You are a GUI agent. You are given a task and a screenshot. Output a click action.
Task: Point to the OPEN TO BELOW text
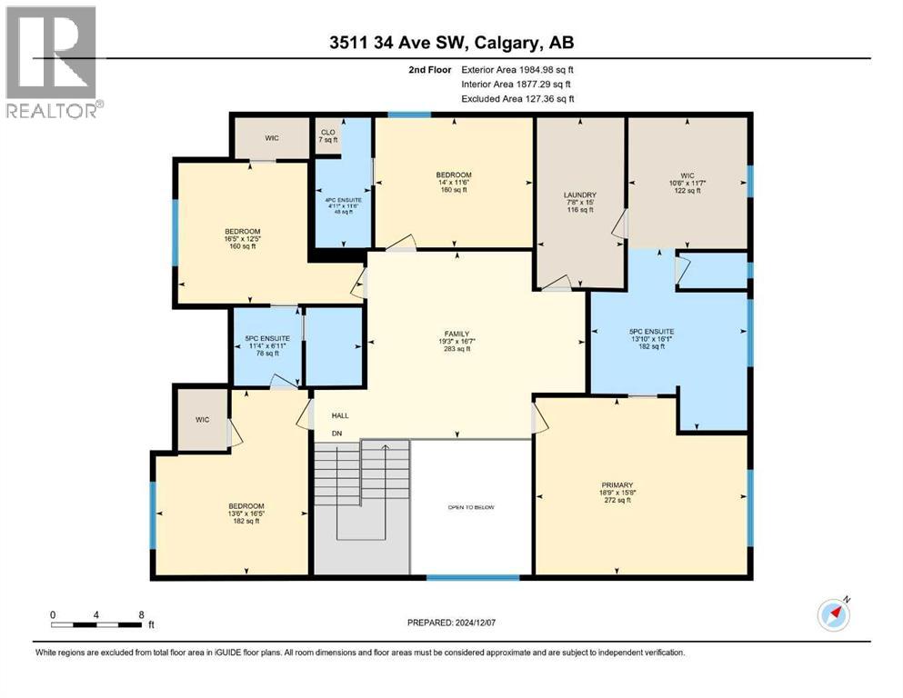pos(470,507)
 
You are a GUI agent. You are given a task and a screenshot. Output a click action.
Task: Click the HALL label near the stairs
pos(340,416)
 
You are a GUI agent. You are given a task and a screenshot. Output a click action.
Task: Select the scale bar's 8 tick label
pos(141,614)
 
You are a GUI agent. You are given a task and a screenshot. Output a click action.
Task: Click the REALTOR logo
pos(53,61)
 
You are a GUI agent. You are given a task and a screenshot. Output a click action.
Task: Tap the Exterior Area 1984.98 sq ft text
pos(517,68)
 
